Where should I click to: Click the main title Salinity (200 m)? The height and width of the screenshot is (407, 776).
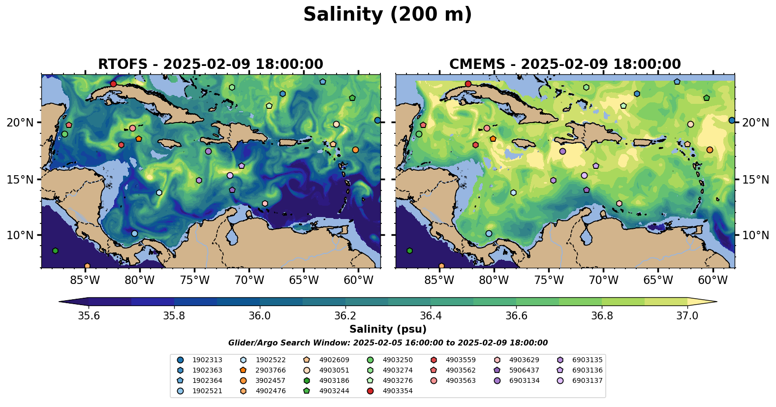(x=387, y=15)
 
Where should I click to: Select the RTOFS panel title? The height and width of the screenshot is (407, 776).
(x=210, y=64)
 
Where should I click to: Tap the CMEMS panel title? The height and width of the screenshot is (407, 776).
(x=564, y=64)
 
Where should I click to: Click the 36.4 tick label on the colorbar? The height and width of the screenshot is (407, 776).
(x=431, y=315)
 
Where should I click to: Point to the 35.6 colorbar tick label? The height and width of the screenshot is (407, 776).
(x=89, y=315)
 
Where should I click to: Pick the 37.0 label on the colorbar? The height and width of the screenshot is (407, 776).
(x=687, y=315)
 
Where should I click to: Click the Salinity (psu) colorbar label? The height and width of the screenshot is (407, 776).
(x=388, y=329)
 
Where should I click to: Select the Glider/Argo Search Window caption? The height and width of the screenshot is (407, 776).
(x=388, y=343)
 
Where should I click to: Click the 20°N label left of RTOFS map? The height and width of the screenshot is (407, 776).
(x=20, y=123)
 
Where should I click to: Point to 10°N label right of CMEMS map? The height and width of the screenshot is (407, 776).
(x=755, y=235)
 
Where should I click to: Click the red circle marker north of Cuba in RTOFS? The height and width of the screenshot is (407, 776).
(x=114, y=84)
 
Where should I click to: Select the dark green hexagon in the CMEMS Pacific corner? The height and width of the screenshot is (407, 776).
(x=409, y=251)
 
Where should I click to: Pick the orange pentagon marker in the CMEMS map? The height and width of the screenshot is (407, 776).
(x=493, y=139)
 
